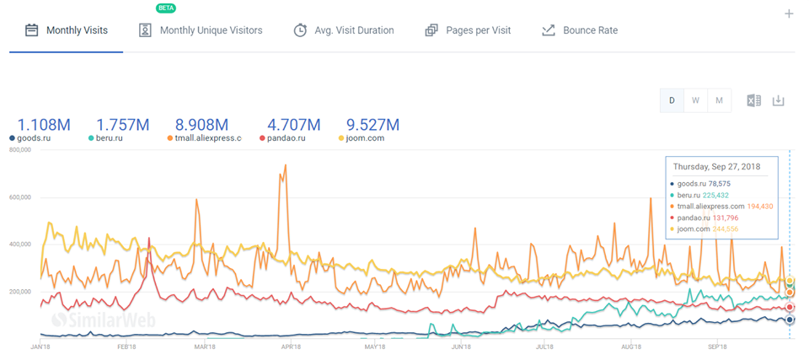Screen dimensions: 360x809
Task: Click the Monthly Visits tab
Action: point(67,30)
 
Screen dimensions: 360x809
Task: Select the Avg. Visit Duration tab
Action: point(344,30)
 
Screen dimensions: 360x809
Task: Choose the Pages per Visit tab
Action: point(468,30)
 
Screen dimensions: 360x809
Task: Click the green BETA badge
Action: point(166,8)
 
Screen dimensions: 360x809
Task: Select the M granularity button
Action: point(719,100)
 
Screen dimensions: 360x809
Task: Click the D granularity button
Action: point(672,100)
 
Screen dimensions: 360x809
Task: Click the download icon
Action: point(779,100)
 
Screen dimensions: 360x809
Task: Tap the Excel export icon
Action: point(753,100)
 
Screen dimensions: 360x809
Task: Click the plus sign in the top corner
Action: point(789,13)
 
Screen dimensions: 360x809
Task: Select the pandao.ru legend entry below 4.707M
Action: point(288,138)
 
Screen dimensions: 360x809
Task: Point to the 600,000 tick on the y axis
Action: point(18,197)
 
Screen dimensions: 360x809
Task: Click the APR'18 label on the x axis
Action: point(292,347)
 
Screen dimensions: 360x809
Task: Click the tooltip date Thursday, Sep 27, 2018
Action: point(716,167)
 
